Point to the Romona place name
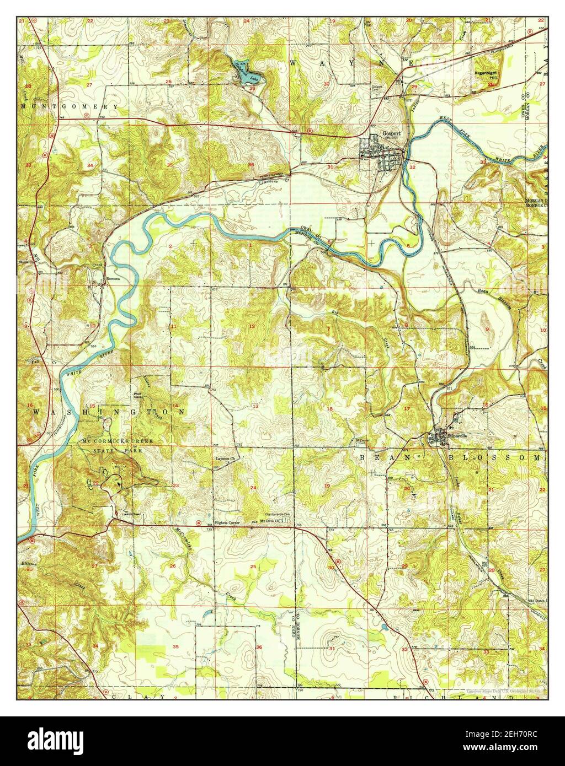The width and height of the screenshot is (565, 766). tap(114, 279)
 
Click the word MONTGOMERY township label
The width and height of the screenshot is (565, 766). tap(69, 106)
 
